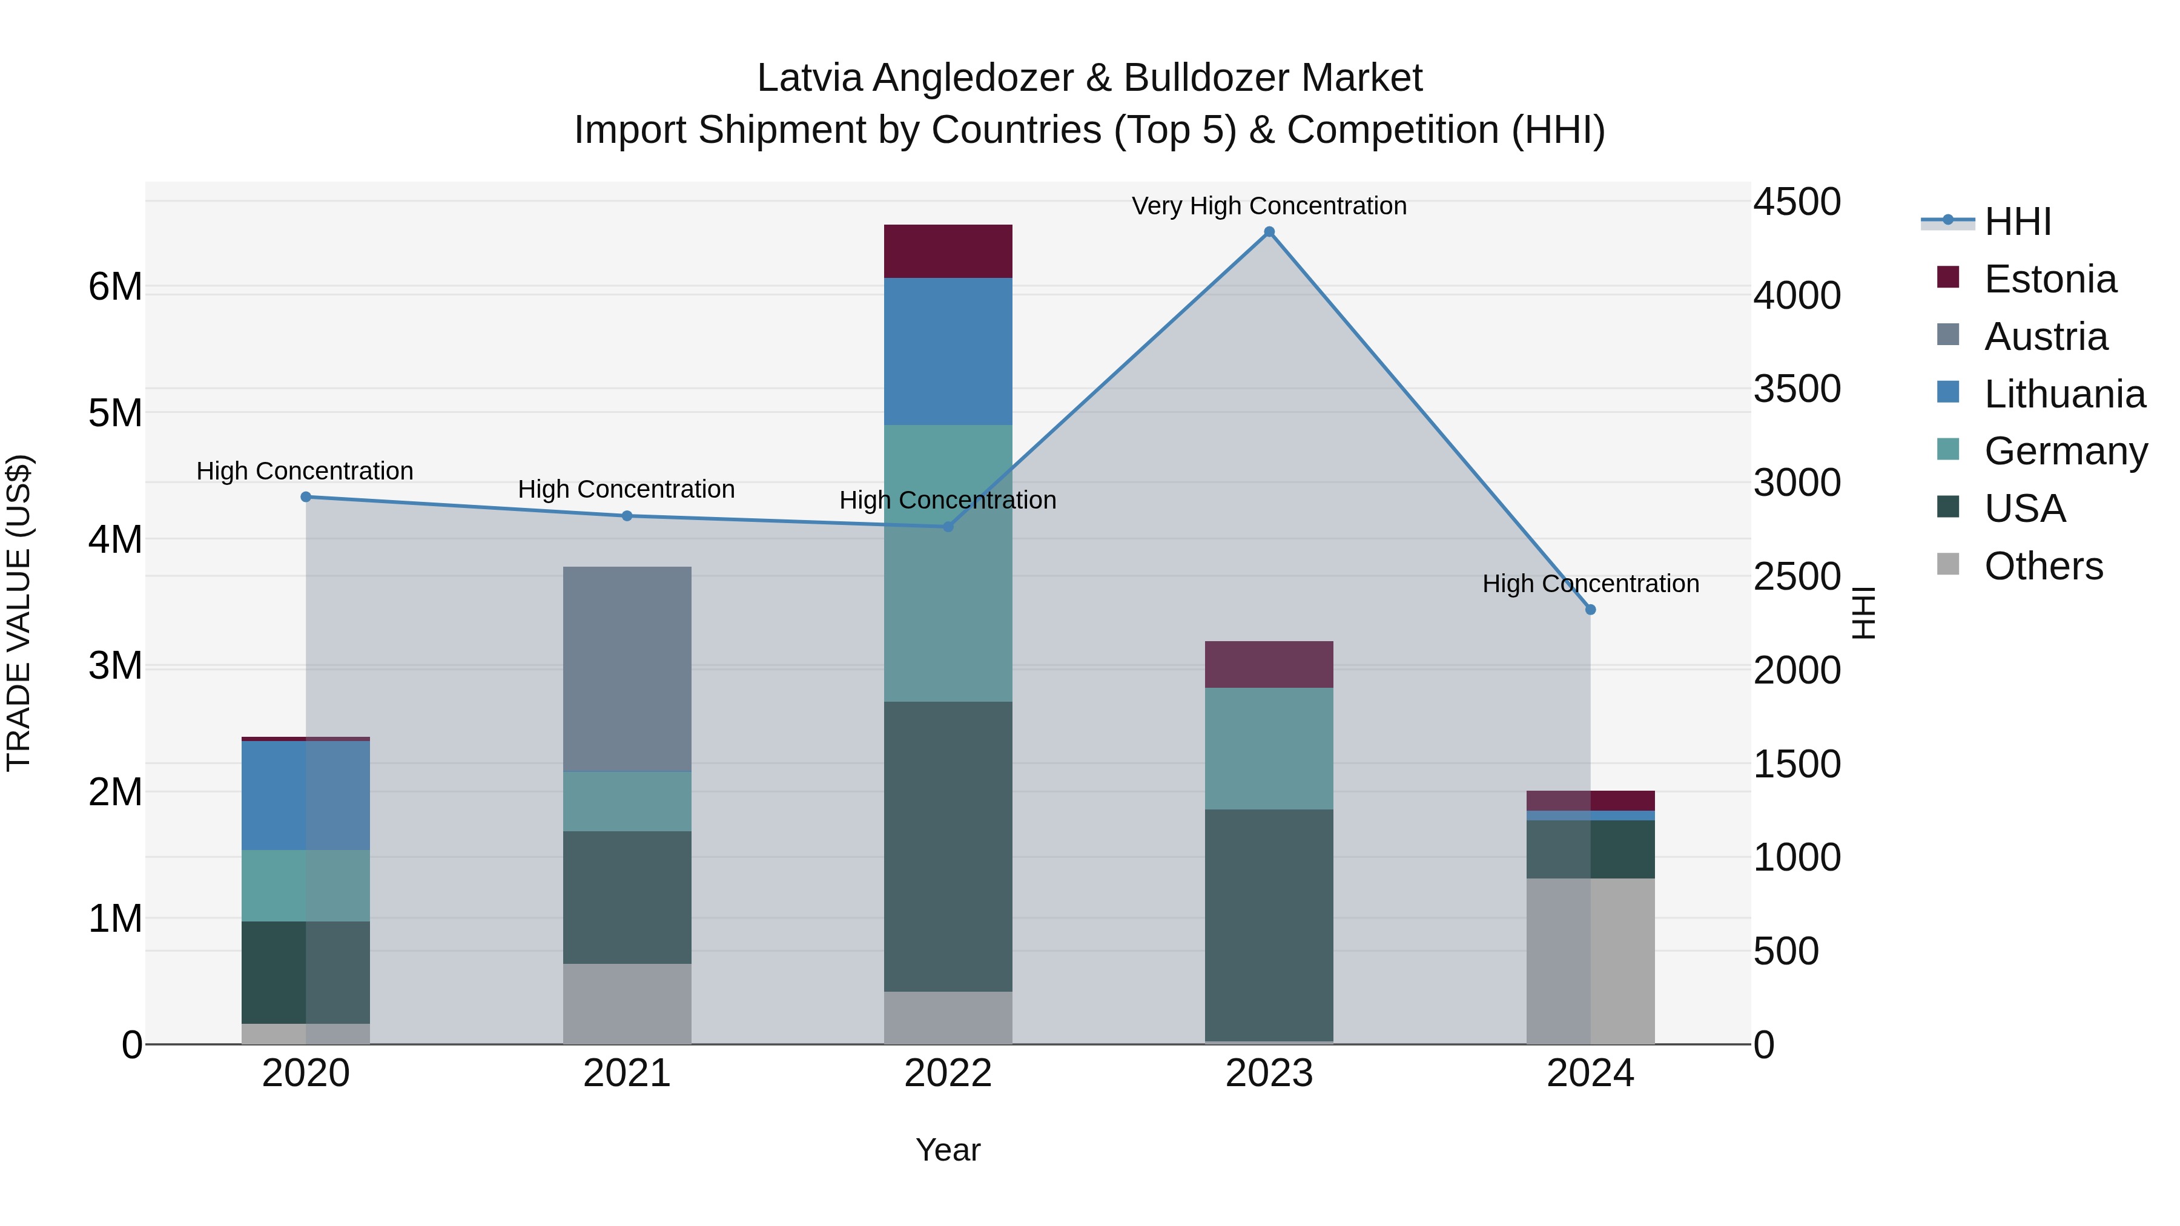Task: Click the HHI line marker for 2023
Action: (1269, 232)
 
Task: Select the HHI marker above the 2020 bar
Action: (306, 496)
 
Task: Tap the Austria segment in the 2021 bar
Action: (627, 668)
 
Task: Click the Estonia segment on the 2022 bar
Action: (948, 251)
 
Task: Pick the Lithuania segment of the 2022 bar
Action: (948, 351)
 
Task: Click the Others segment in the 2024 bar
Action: (1590, 960)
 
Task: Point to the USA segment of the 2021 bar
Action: (627, 897)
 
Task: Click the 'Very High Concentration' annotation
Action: (1269, 206)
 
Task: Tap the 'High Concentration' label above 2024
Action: (1590, 584)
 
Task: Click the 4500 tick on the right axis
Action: (1796, 202)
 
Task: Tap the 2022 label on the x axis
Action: (948, 1073)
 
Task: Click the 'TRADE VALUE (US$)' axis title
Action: (19, 613)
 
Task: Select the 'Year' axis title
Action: (948, 1150)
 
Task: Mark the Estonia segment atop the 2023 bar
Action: (1269, 664)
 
